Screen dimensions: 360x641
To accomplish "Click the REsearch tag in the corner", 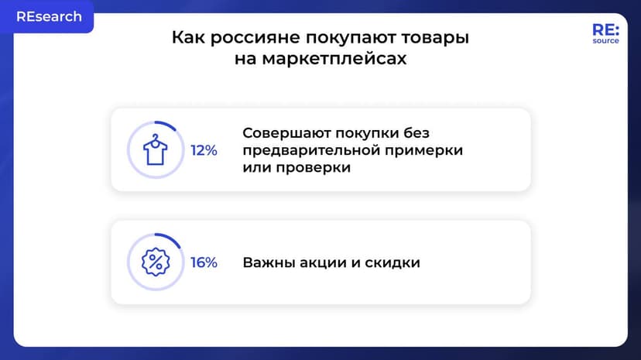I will (49, 16).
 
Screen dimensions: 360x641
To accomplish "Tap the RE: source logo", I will (605, 33).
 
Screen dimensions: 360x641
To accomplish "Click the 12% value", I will (204, 150).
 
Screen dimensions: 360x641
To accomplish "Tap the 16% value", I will (204, 262).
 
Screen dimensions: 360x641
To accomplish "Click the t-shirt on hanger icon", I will (156, 150).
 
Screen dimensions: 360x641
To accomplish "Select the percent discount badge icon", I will (156, 262).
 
